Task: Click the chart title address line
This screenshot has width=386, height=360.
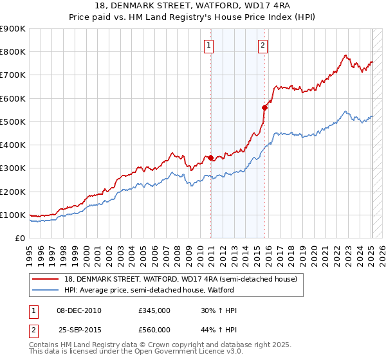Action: [193, 7]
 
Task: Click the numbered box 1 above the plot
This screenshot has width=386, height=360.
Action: [210, 45]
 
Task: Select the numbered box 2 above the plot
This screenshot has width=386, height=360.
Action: [264, 45]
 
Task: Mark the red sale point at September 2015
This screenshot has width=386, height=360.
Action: [264, 107]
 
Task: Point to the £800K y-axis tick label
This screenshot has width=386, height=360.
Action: [13, 52]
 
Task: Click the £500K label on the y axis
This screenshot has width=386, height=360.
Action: [13, 122]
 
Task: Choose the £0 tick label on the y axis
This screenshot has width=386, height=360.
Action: [19, 238]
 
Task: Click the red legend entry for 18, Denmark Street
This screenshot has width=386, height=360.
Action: [180, 279]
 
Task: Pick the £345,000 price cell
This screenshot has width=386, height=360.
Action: [154, 310]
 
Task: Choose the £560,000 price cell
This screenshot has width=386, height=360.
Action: [154, 329]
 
